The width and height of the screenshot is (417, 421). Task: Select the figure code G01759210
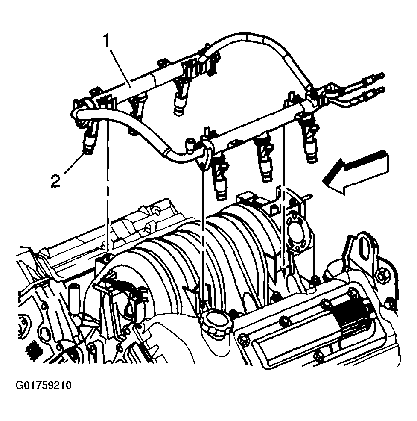pos(44,386)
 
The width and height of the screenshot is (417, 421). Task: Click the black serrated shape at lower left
pos(33,350)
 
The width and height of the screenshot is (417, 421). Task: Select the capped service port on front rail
pos(190,145)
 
